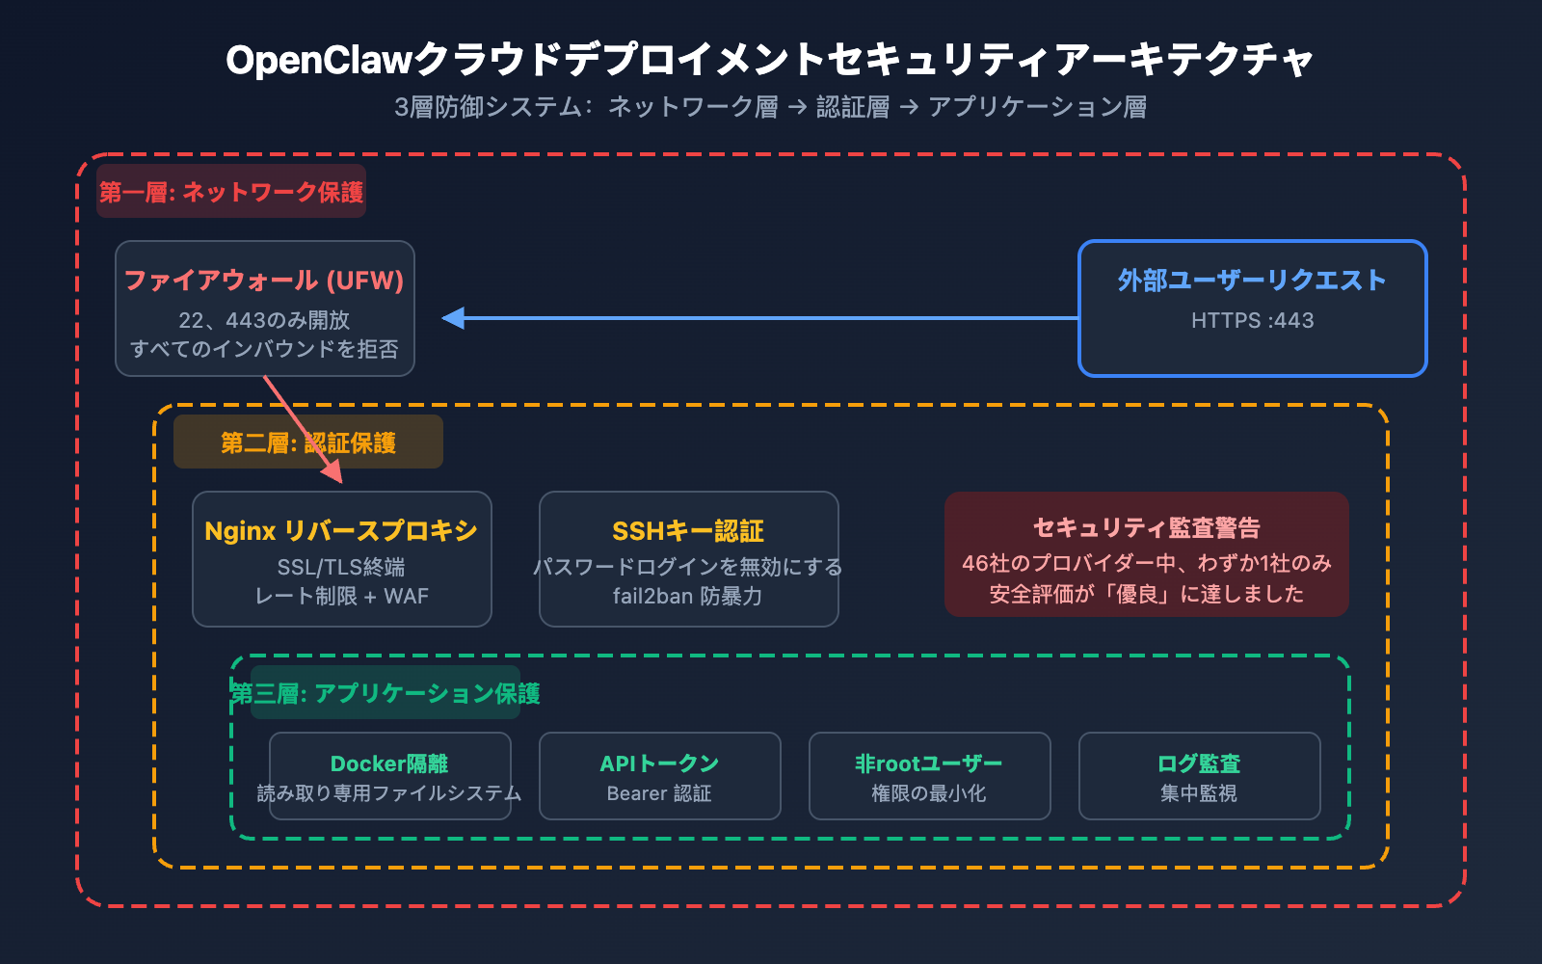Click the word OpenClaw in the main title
pyautogui.click(x=319, y=60)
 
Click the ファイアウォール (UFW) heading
pyautogui.click(x=264, y=281)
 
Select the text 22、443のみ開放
pyautogui.click(x=264, y=320)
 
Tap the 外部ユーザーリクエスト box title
pyautogui.click(x=1252, y=281)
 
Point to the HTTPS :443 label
pyautogui.click(x=1252, y=321)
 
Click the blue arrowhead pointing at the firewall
pyautogui.click(x=453, y=318)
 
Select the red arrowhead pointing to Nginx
pyautogui.click(x=333, y=471)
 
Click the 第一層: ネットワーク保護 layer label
pyautogui.click(x=231, y=192)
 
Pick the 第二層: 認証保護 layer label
pyautogui.click(x=307, y=442)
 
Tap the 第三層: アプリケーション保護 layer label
pyautogui.click(x=385, y=693)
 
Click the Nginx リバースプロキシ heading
pyautogui.click(x=341, y=531)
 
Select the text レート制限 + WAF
pyautogui.click(x=341, y=597)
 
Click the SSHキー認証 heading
pyautogui.click(x=688, y=531)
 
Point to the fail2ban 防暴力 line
pyautogui.click(x=688, y=597)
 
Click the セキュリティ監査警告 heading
pyautogui.click(x=1146, y=528)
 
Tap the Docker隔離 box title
pyautogui.click(x=389, y=763)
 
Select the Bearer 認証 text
pyautogui.click(x=659, y=793)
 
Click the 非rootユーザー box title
pyautogui.click(x=929, y=763)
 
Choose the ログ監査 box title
pyautogui.click(x=1199, y=763)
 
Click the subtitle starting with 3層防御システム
pyautogui.click(x=770, y=107)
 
